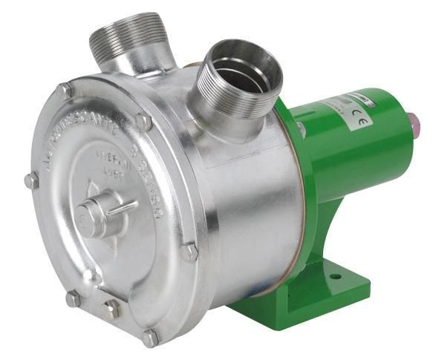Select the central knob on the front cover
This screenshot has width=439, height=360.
coord(94,215)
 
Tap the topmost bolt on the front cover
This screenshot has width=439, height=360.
coord(65,92)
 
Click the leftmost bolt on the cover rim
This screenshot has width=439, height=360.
coord(30,180)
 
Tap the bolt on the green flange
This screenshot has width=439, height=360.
coord(301,130)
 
